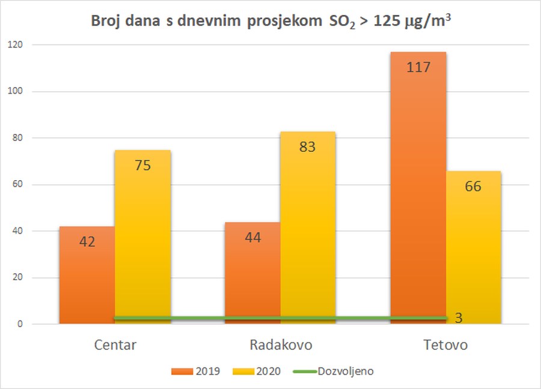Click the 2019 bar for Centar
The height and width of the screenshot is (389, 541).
click(x=87, y=276)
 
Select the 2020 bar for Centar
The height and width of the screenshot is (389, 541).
click(x=142, y=240)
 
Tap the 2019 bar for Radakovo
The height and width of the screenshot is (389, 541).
click(x=252, y=276)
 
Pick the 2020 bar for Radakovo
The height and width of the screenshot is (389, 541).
click(x=308, y=234)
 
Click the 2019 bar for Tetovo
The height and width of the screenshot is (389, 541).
click(x=418, y=192)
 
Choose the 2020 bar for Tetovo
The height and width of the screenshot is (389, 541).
click(x=474, y=252)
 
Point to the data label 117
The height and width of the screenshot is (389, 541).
click(x=418, y=67)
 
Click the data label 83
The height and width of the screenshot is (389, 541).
click(x=307, y=146)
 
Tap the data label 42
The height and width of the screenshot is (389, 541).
click(x=87, y=241)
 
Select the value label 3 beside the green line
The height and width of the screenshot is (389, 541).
click(x=459, y=318)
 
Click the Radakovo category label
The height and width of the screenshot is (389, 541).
click(x=280, y=345)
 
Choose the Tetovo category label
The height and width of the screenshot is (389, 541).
click(x=445, y=345)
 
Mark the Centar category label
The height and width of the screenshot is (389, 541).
click(x=115, y=345)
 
